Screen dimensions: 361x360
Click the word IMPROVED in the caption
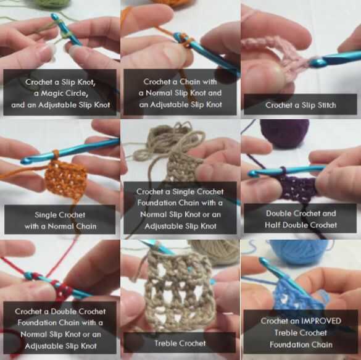point(321,321)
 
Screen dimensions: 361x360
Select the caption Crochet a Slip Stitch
point(301,105)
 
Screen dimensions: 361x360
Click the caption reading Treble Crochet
point(180,343)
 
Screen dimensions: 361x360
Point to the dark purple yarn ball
point(285,133)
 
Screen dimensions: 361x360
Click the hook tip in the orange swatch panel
point(25,161)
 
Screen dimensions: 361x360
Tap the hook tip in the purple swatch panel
point(252,173)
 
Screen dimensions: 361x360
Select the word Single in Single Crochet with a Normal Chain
point(44,215)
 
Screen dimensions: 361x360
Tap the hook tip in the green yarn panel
point(54,17)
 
